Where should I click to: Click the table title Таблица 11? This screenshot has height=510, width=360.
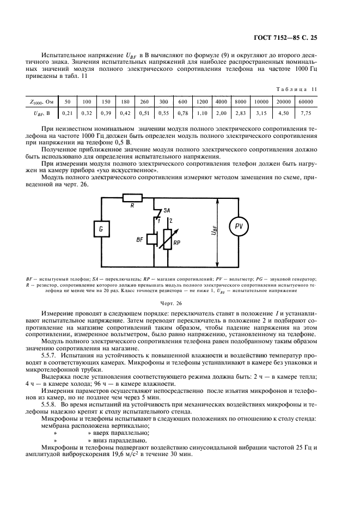tap(299, 88)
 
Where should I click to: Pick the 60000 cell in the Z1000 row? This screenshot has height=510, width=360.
tap(304, 102)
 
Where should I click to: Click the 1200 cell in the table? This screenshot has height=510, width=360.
tap(202, 102)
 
